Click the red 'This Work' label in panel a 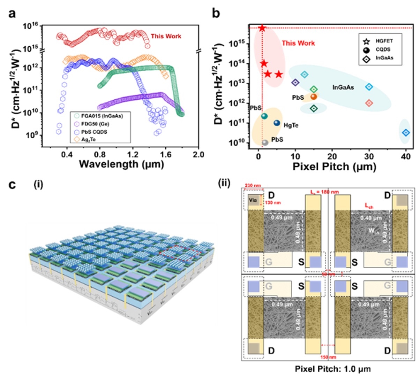[x=166, y=36]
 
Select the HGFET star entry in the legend [x=384, y=41]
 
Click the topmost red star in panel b [x=262, y=28]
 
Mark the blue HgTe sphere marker [x=277, y=123]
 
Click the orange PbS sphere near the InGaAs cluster [x=313, y=96]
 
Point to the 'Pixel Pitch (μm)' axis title [x=334, y=167]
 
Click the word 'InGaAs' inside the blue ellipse [x=343, y=87]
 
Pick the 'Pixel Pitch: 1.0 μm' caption [x=328, y=369]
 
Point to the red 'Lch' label [x=369, y=206]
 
